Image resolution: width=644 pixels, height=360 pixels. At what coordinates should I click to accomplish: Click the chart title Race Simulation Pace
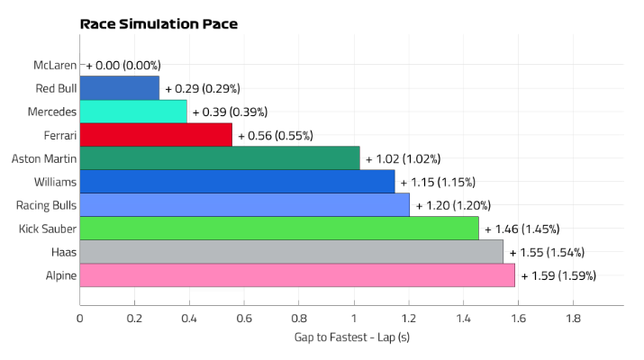pyautogui.click(x=159, y=24)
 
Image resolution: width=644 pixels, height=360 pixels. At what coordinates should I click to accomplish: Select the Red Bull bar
pyautogui.click(x=120, y=88)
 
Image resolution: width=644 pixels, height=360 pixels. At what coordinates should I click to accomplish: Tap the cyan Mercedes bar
pyautogui.click(x=133, y=112)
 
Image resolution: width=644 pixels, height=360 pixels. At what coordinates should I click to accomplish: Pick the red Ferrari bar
pyautogui.click(x=156, y=135)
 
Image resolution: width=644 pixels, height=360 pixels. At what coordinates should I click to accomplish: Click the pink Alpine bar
pyautogui.click(x=297, y=275)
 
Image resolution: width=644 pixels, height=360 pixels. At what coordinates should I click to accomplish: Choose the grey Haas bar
pyautogui.click(x=292, y=252)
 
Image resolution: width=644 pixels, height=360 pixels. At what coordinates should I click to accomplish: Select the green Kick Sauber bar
pyautogui.click(x=279, y=229)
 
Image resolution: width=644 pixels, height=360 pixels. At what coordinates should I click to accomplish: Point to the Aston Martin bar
pyautogui.click(x=220, y=158)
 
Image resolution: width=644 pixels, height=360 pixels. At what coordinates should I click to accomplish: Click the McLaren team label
pyautogui.click(x=54, y=65)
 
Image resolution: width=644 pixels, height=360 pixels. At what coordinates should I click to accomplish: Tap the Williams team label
pyautogui.click(x=53, y=182)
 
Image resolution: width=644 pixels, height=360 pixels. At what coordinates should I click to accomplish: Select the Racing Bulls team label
pyautogui.click(x=45, y=205)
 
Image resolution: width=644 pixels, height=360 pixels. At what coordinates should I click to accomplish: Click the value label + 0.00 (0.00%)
pyautogui.click(x=123, y=65)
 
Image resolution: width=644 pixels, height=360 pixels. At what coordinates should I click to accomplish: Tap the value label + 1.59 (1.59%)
pyautogui.click(x=558, y=275)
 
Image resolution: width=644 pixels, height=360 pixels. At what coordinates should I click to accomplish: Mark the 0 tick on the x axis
pyautogui.click(x=80, y=318)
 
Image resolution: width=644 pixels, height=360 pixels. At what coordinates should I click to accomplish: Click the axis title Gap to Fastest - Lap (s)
pyautogui.click(x=352, y=337)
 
